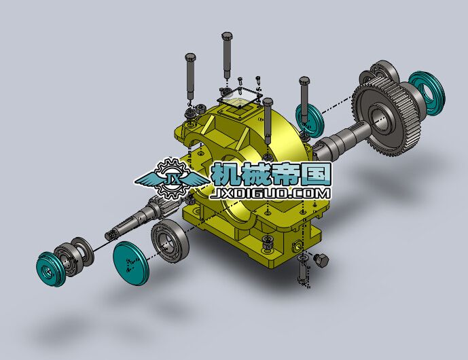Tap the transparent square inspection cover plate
point(239,98)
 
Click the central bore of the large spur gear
point(382,119)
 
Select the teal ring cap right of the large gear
point(427,93)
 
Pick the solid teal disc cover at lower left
point(130,263)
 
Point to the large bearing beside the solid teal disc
point(170,240)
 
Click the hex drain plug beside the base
point(321,260)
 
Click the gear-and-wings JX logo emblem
point(173,179)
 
